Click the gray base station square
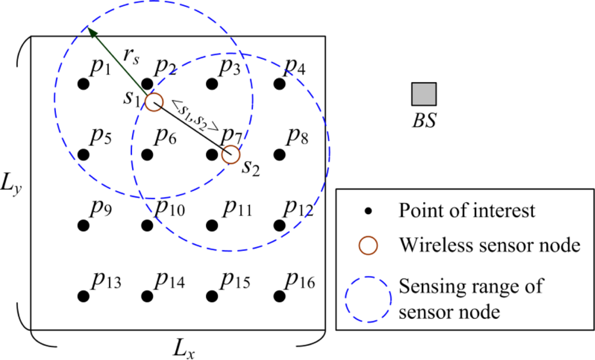424,94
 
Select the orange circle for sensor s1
154,102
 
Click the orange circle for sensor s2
230,155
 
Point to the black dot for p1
83,84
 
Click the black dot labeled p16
278,295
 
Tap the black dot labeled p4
278,84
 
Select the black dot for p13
83,295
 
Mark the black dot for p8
278,155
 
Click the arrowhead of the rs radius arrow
91,32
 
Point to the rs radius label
131,58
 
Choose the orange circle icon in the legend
369,245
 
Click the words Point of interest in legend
467,211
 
